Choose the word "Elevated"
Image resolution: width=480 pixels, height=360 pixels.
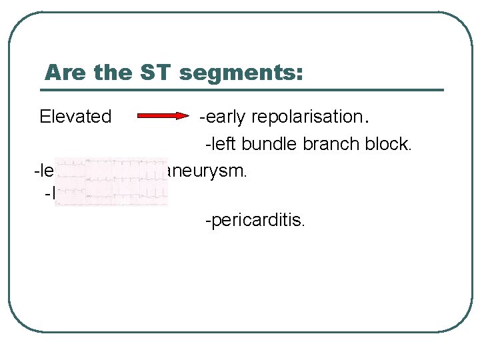[x=75, y=117]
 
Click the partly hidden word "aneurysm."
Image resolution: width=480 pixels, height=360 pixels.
[x=207, y=171]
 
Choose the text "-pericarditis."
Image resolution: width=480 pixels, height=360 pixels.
[x=255, y=220]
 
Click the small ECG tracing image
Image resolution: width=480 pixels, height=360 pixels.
[x=111, y=182]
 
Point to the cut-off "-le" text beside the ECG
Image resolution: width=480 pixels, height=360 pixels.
[x=44, y=171]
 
